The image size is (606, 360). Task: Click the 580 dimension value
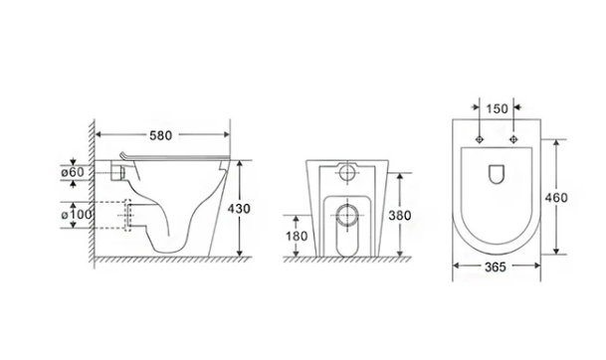(161, 135)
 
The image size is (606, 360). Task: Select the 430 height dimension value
(239, 209)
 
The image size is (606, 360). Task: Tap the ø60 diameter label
(73, 172)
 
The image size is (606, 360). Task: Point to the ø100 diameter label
(77, 215)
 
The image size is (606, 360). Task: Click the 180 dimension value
(297, 236)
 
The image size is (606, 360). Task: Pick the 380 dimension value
(400, 216)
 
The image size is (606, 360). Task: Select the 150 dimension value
(497, 109)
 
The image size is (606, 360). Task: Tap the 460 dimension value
(556, 198)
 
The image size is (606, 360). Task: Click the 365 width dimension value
(496, 267)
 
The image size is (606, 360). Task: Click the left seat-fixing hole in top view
(480, 139)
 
